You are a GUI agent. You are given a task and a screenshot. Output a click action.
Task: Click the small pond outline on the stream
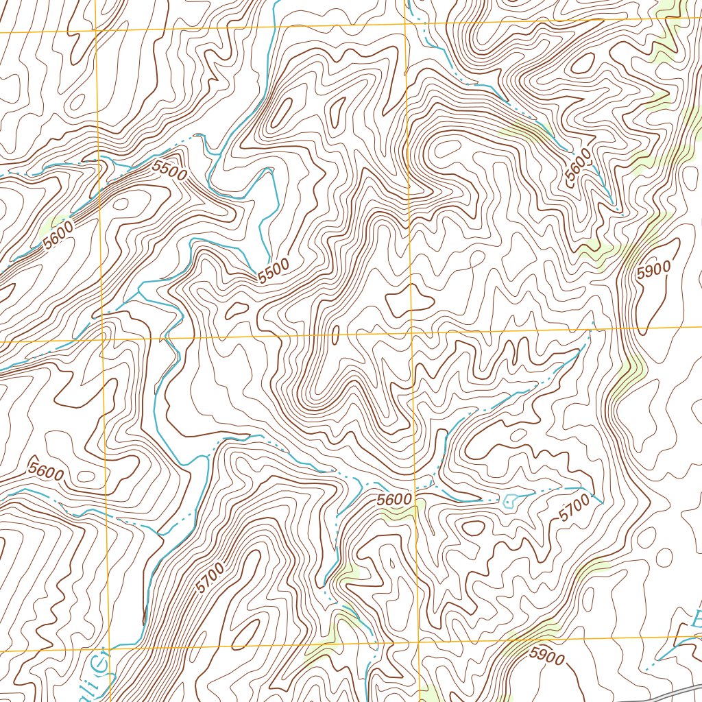[509, 501]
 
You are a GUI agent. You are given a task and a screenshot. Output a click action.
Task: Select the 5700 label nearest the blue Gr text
[210, 577]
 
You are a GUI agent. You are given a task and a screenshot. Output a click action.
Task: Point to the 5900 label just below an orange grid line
[546, 657]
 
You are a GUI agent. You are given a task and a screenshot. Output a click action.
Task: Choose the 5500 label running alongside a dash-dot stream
[169, 171]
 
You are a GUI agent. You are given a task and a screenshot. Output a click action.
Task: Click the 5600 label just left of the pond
[396, 501]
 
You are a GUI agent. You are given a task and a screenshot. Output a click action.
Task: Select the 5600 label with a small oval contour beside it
[46, 473]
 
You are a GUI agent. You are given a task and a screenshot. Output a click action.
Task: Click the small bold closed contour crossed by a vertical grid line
[410, 302]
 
